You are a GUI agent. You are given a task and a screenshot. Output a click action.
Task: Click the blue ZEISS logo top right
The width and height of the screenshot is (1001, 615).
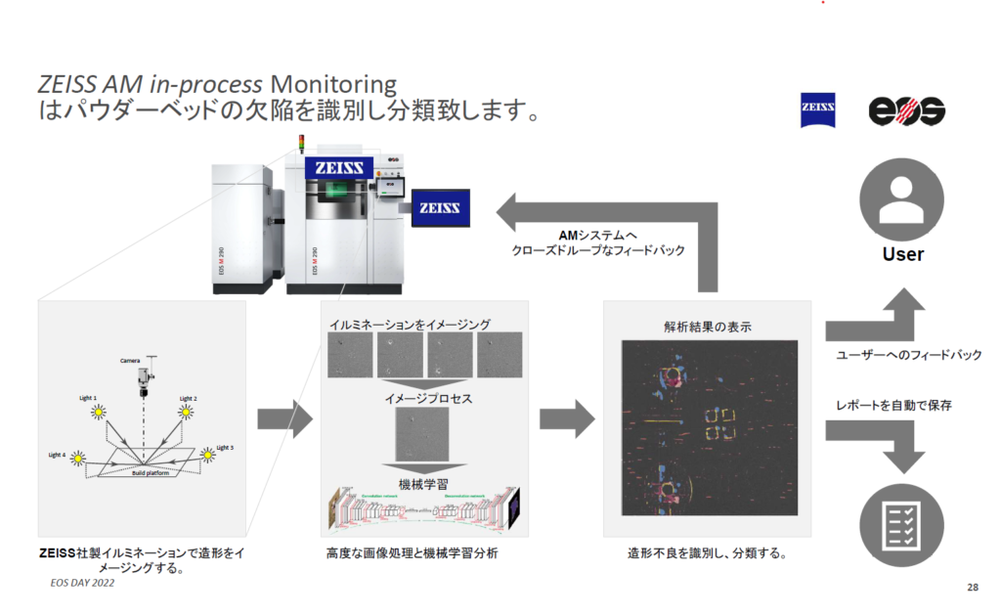(817, 110)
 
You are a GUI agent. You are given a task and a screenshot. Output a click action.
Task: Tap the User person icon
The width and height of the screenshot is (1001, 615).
(901, 198)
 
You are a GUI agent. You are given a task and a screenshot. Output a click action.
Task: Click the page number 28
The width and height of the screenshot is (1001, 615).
(972, 587)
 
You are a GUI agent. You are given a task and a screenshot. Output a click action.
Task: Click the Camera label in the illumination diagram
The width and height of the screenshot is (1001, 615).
(131, 360)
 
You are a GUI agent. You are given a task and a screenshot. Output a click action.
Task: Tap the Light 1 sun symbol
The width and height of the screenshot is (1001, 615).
(98, 414)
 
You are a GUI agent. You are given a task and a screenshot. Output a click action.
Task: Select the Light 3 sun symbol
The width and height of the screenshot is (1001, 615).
(207, 455)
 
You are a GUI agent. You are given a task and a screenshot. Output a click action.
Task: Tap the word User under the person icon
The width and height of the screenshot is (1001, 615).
(902, 254)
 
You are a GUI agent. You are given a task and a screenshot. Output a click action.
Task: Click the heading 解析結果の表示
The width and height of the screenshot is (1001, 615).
(705, 327)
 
